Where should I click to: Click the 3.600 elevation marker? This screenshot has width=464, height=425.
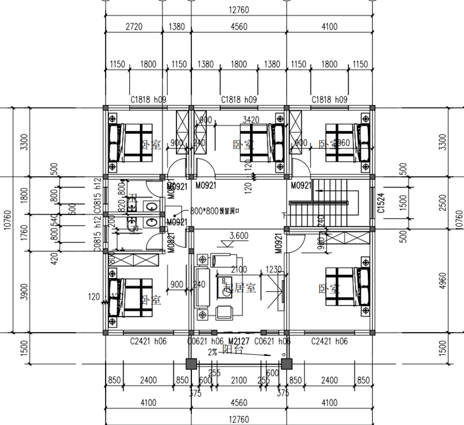(x=239, y=235)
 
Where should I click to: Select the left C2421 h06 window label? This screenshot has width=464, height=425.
(x=148, y=342)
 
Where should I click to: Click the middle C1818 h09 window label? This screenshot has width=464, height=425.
(x=239, y=100)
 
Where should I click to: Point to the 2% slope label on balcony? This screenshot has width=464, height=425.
(x=213, y=351)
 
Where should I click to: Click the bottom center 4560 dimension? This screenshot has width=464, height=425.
(x=238, y=402)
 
